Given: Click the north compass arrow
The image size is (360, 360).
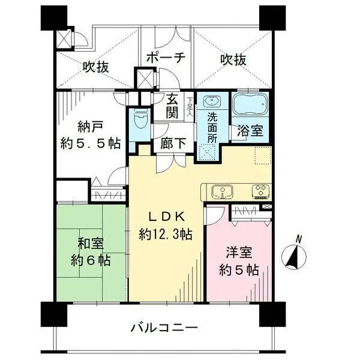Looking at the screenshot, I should coord(295,257).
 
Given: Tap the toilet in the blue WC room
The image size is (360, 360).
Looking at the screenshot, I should coord(140,119).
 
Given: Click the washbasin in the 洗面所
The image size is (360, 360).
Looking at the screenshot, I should coord(210,101).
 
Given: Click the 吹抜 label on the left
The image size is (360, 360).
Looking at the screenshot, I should coord(95,67).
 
